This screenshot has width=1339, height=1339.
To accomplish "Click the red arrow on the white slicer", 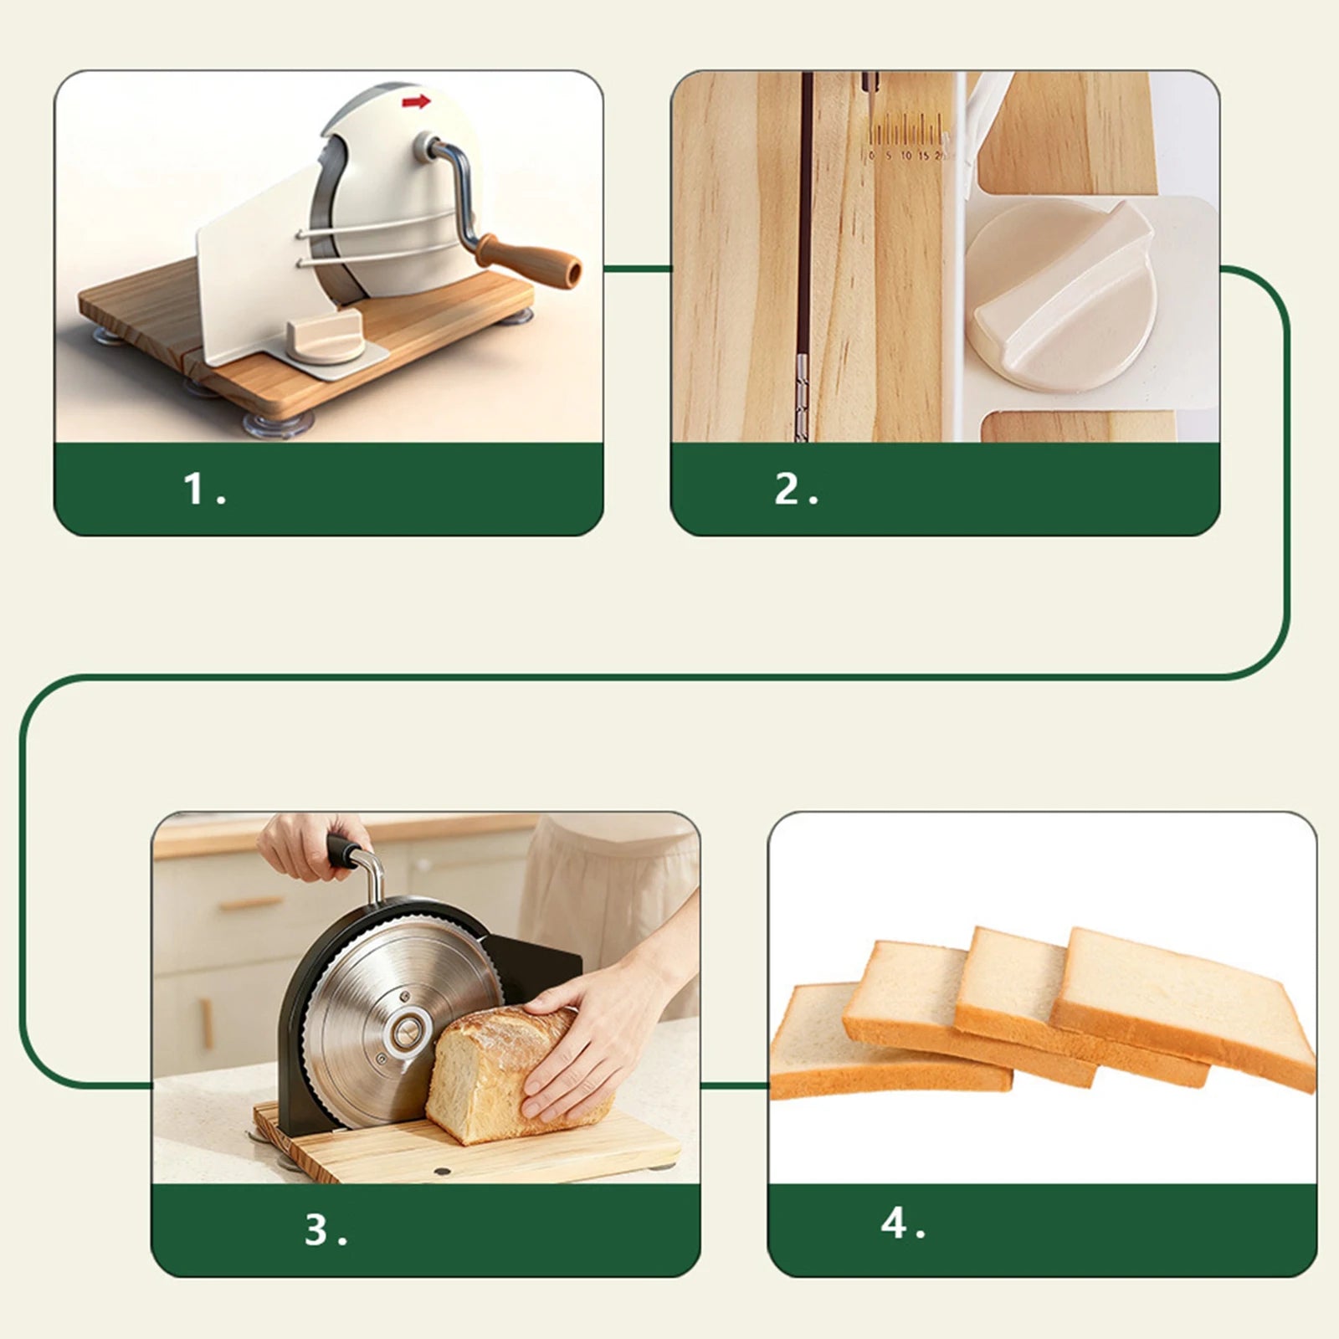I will pyautogui.click(x=416, y=102).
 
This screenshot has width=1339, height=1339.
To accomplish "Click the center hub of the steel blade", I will pyautogui.click(x=408, y=1032).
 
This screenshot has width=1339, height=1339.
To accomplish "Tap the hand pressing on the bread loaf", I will pyautogui.click(x=577, y=1046).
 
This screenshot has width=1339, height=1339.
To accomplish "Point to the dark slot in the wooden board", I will pyautogui.click(x=806, y=251).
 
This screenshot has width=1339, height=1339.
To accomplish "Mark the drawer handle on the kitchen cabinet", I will pyautogui.click(x=251, y=903).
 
